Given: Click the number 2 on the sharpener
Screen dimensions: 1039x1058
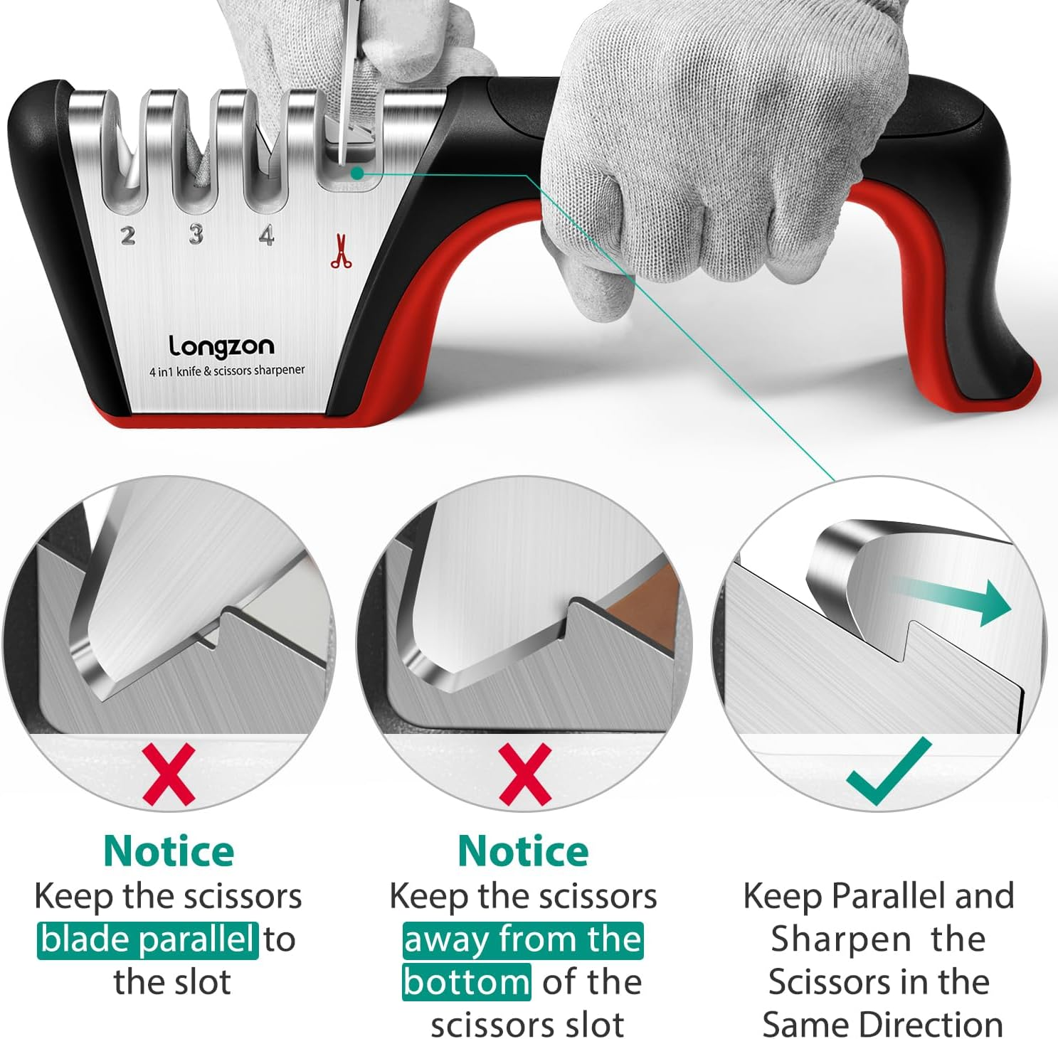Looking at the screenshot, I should pos(128,235).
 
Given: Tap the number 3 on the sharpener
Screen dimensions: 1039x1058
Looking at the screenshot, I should pos(196,234).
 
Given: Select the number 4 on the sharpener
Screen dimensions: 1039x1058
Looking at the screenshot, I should pos(266,234).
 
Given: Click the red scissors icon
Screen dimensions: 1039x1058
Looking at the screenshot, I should pos(341,252).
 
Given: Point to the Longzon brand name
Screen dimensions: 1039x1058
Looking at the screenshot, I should pos(221,346).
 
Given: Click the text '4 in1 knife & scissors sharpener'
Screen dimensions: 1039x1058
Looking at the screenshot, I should pos(227,371).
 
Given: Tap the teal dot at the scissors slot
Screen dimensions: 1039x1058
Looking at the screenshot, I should pos(357,173).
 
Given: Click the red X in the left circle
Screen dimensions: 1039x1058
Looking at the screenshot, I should pos(169,774).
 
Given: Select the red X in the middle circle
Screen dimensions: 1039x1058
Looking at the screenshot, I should pos(525,774).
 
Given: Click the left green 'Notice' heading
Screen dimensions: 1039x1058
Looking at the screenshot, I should pos(169,851).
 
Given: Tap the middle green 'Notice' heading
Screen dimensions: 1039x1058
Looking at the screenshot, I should pos(523,851).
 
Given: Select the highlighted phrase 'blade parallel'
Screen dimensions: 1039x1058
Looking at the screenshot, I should pos(147,939).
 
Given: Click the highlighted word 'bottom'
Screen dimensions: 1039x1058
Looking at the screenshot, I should pos(466,982).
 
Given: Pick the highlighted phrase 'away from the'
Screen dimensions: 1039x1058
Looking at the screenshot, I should pos(523,939).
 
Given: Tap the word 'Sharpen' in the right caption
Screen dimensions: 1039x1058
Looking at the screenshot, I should pos(841,939).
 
